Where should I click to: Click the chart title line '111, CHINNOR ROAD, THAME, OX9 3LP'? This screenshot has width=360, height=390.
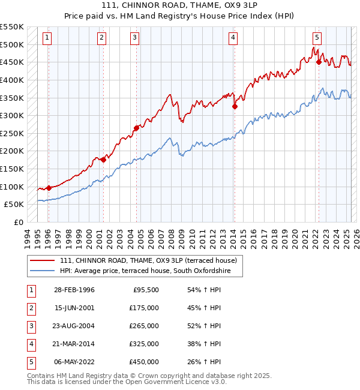(x=180, y=6)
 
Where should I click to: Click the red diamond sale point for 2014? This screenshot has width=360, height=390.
(x=235, y=107)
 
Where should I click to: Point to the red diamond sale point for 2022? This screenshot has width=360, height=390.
(x=319, y=61)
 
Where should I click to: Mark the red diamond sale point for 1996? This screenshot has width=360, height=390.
(x=49, y=188)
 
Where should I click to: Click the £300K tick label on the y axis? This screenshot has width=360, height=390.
(x=11, y=115)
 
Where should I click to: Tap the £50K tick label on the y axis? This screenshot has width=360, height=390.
(x=14, y=205)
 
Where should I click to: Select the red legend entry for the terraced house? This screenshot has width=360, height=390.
(x=149, y=260)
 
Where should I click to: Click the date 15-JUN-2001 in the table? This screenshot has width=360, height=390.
(x=74, y=308)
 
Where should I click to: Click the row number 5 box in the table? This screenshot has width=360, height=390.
(x=30, y=362)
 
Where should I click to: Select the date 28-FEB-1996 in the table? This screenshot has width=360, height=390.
(x=74, y=290)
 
